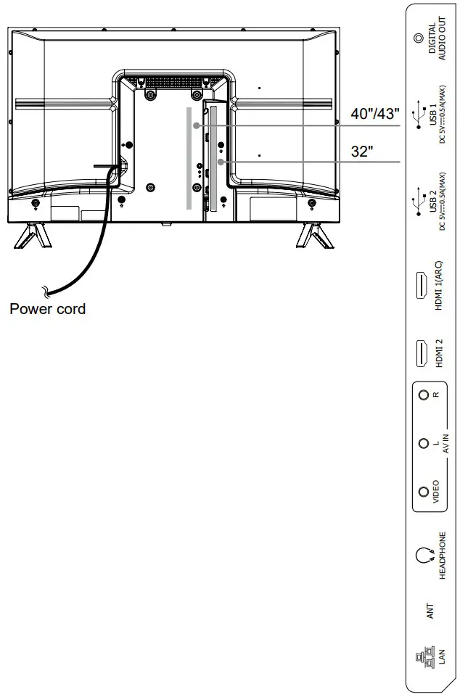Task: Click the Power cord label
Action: [47, 309]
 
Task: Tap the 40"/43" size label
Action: [376, 113]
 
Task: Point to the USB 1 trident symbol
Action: [417, 117]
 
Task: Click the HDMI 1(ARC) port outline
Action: [420, 285]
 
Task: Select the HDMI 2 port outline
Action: [420, 353]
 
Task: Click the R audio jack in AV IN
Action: [424, 395]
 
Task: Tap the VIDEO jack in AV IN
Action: [424, 492]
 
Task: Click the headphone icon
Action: [423, 556]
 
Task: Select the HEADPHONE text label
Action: [442, 556]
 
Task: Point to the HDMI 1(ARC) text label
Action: [439, 285]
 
